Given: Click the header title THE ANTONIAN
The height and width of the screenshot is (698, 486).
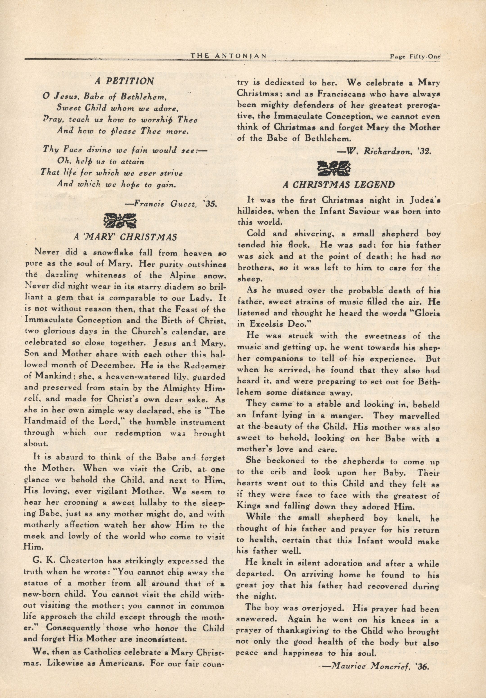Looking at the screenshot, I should pyautogui.click(x=228, y=55).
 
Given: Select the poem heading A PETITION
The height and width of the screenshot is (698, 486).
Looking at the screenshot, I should pyautogui.click(x=124, y=81).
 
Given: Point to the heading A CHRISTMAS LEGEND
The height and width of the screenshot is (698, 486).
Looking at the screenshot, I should pyautogui.click(x=339, y=185).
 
